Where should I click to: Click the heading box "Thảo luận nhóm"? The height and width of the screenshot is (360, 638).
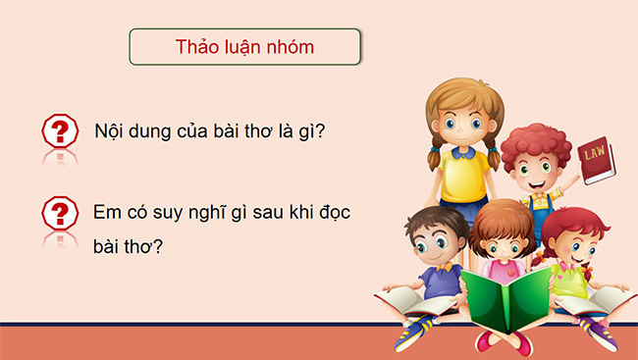[245, 47]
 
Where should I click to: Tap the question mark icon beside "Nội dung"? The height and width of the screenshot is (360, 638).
[61, 130]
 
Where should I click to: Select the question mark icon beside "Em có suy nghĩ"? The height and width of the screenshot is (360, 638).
[61, 212]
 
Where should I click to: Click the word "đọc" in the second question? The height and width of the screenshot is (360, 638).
[332, 212]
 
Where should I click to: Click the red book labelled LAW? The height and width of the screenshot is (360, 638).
[595, 161]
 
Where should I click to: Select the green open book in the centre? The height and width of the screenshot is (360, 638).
[506, 299]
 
